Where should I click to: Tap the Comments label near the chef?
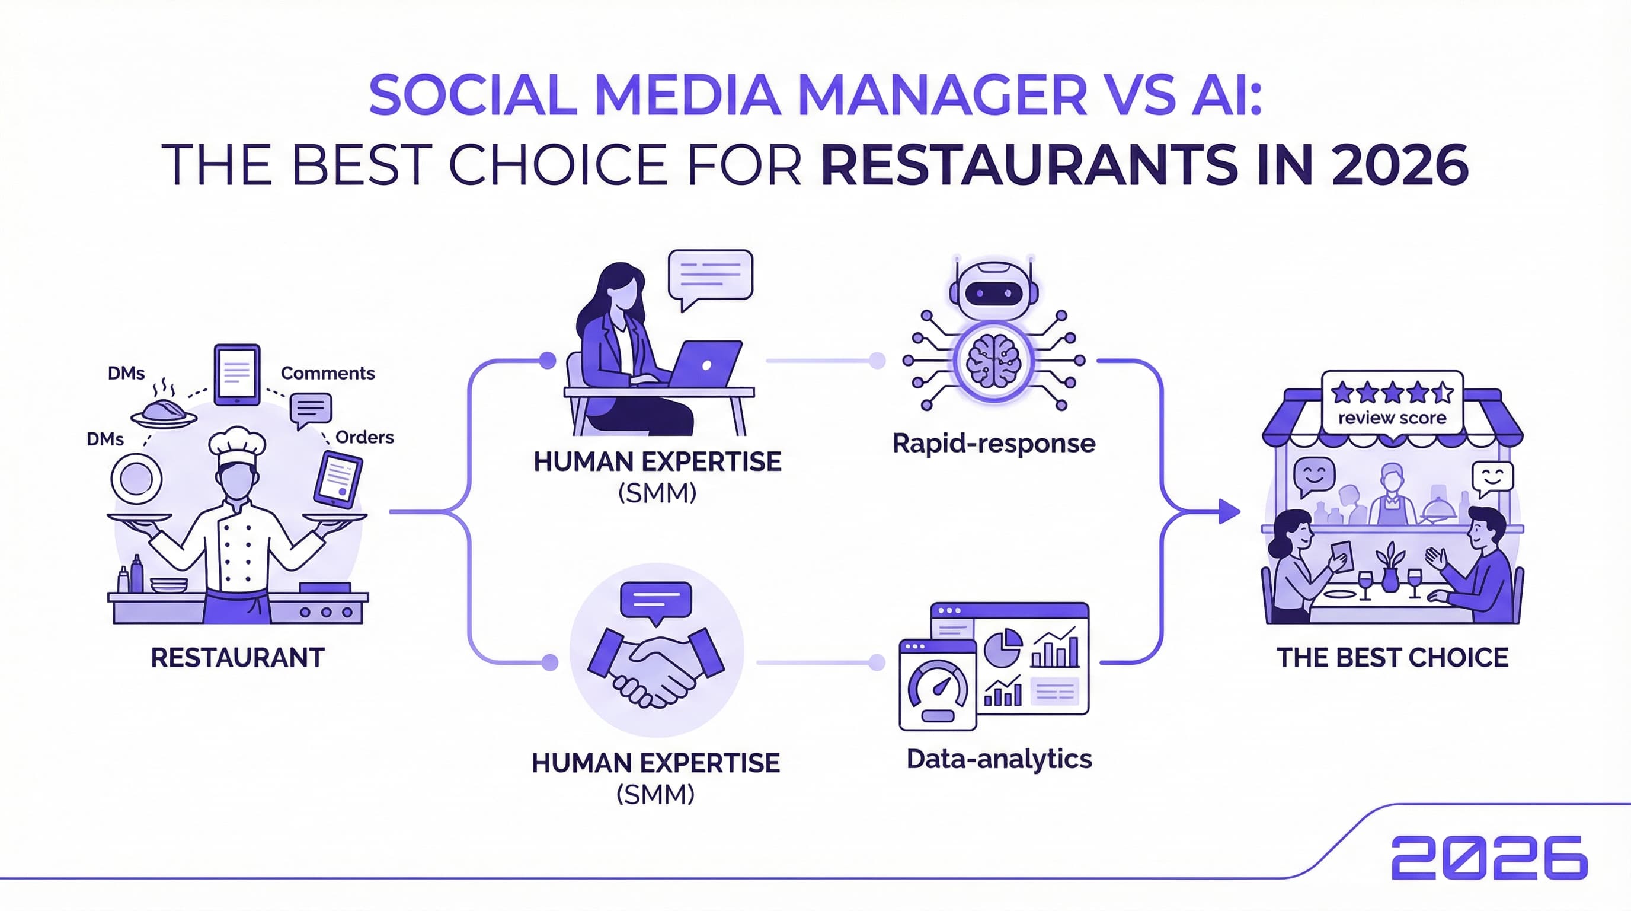(x=327, y=373)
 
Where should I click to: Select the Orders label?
(x=364, y=437)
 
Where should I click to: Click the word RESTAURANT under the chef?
(x=238, y=658)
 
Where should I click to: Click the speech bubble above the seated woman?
(x=711, y=276)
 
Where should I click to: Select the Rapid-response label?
(x=993, y=444)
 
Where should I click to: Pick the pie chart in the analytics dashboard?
(x=1003, y=647)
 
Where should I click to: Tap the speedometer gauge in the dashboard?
(x=938, y=690)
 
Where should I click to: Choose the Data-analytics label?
(x=999, y=759)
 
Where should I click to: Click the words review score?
(x=1392, y=418)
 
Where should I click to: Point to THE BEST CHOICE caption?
(x=1392, y=658)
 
